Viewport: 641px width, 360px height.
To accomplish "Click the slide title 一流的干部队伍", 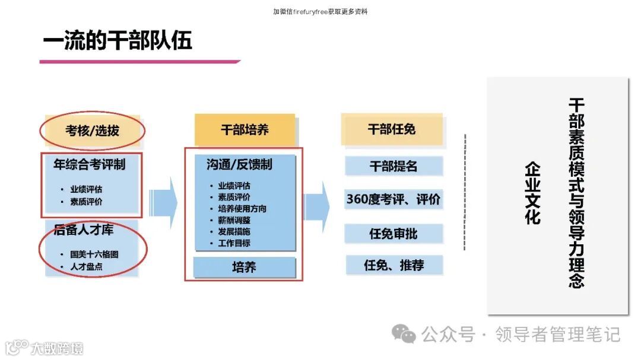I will (118, 42).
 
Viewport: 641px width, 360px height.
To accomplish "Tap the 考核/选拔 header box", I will (92, 130).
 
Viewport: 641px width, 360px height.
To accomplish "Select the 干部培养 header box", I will (245, 129).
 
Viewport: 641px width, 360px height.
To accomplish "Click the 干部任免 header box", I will (392, 129).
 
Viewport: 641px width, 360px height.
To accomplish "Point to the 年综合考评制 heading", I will (90, 164).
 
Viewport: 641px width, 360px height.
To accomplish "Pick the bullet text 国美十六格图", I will (94, 254).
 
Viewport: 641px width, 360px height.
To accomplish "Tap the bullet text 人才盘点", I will (86, 266).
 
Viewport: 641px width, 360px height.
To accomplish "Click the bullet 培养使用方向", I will (242, 208).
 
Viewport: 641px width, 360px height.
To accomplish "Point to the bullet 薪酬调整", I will (234, 219).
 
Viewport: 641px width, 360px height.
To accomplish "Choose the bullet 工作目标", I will (234, 243).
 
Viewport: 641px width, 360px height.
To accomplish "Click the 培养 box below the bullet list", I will (244, 267).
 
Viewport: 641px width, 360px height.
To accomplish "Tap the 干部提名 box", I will (394, 167).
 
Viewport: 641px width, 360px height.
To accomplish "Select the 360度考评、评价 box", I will (394, 200).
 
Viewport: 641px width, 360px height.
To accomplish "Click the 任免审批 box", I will (394, 234).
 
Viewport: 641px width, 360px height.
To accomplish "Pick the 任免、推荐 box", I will (394, 265).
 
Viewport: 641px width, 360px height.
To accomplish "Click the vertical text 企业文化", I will (532, 193).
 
